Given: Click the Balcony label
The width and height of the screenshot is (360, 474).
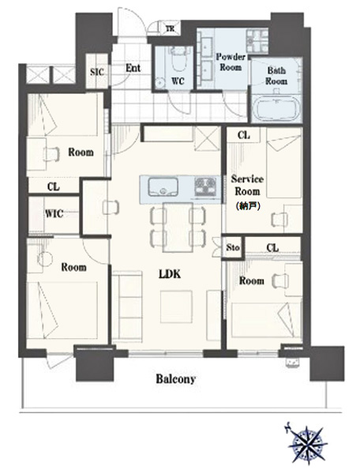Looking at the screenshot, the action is coord(176,379).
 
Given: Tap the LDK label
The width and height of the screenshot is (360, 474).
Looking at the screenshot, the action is coord(170,274).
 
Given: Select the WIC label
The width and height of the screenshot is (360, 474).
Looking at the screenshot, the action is coord(54,214).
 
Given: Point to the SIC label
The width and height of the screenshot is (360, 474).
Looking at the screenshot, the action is coord(97,72).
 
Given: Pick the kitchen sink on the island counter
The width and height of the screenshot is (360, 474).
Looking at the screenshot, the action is coord(163,187).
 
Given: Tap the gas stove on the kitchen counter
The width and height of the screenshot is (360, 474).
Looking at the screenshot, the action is coord(205,186).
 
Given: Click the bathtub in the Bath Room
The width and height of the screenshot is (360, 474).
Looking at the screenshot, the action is coord(276,108).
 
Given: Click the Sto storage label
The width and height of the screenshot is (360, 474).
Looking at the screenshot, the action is coord(233,247).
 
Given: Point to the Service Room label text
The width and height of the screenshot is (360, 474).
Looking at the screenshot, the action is coord(247,185).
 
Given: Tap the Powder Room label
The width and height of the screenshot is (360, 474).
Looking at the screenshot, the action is coord(231,62).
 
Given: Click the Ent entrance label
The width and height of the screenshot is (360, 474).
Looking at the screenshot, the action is coord(133,68).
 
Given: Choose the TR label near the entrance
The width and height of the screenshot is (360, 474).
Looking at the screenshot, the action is coord(170,29).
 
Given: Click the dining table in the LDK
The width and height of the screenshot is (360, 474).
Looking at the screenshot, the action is coord(178,227).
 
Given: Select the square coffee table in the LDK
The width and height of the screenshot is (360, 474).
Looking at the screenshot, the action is coord(176,307).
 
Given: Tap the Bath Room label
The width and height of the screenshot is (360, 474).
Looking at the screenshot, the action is coord(276,76).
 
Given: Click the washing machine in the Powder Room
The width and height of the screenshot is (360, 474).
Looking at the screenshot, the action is coord(257,41).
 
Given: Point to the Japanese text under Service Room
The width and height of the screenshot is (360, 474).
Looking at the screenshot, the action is coord(247,206).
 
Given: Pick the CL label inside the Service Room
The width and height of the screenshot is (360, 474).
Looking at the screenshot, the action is coord(243,135).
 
